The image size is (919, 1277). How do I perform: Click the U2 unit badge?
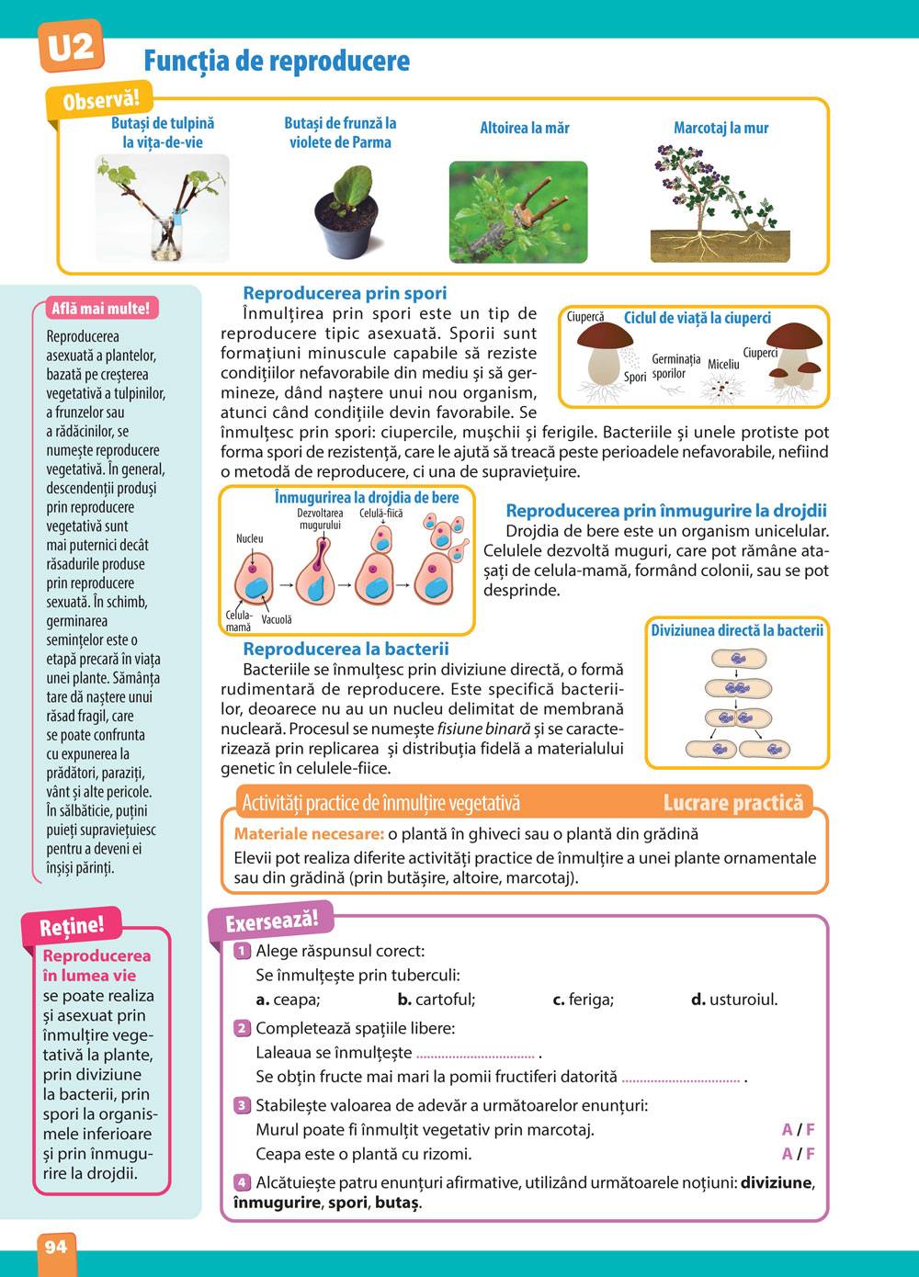click(70, 46)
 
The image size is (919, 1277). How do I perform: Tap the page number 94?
click(55, 1247)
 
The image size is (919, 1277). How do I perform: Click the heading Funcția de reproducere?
click(277, 62)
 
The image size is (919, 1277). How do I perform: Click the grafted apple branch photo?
click(517, 212)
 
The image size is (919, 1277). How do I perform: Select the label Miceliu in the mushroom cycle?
click(723, 365)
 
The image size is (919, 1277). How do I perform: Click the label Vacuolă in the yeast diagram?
click(277, 620)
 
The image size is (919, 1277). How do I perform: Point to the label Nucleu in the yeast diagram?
click(249, 538)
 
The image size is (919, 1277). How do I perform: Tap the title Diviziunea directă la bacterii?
click(737, 631)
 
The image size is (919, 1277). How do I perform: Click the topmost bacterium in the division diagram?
click(738, 659)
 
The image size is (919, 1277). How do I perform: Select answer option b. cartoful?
click(437, 1000)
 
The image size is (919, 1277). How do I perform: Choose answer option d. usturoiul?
click(734, 1000)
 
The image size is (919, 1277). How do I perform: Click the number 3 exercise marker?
click(242, 1105)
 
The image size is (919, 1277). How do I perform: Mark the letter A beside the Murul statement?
click(787, 1130)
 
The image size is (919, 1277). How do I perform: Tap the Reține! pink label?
click(72, 926)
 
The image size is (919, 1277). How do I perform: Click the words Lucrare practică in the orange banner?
click(732, 804)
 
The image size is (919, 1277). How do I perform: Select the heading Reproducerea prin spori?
click(345, 293)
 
